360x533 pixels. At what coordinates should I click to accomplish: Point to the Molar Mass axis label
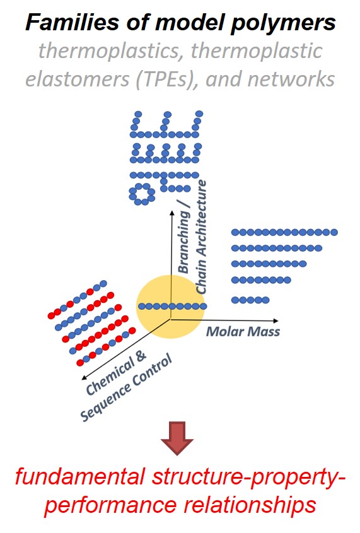(x=243, y=331)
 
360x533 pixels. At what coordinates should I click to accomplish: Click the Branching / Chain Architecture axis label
(x=192, y=237)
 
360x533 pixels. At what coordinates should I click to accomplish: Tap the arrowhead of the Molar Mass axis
(x=276, y=320)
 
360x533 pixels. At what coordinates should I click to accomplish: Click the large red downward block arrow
(x=177, y=438)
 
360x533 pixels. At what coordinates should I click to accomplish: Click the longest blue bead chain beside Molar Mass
(x=284, y=233)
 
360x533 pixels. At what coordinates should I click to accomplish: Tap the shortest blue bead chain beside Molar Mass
(x=250, y=300)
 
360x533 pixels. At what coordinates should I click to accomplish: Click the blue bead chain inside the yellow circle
(x=173, y=307)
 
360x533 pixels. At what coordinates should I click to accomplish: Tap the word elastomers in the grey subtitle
(x=78, y=79)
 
